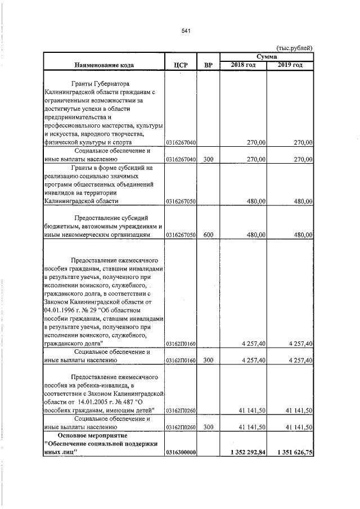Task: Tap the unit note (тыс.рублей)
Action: click(x=295, y=49)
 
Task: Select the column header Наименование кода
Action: click(x=103, y=65)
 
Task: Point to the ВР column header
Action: click(x=208, y=65)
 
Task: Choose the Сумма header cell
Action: click(x=267, y=57)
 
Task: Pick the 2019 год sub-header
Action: click(x=290, y=65)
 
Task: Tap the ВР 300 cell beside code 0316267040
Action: click(x=208, y=159)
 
